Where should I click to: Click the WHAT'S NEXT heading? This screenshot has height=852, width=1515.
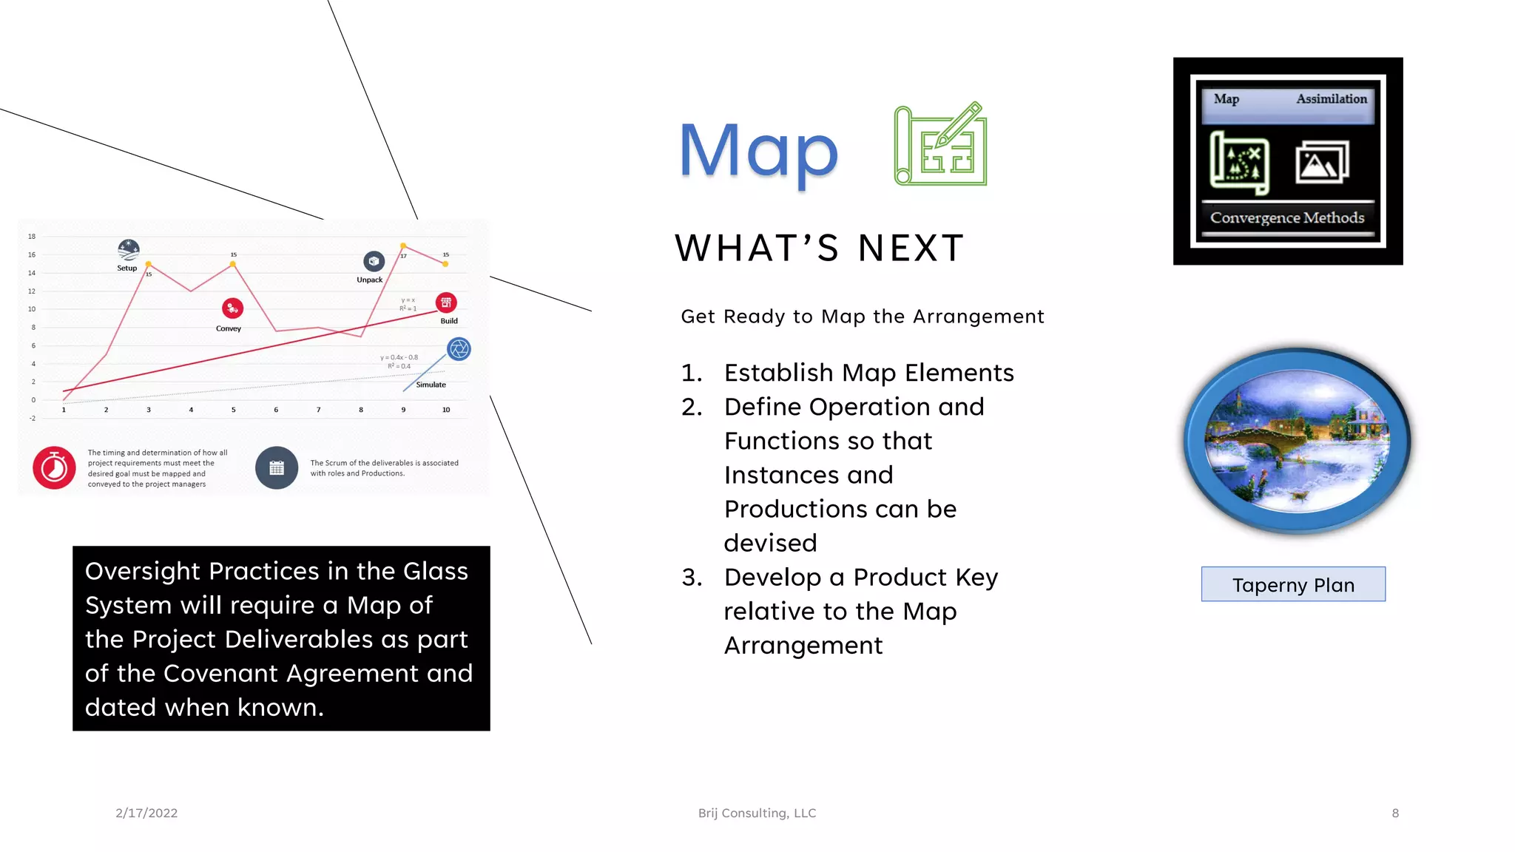[819, 248]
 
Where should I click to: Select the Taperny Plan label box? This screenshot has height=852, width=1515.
[1292, 584]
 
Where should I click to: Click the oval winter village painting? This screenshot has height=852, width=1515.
[1297, 442]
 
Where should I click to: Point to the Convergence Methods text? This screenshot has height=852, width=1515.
[1286, 217]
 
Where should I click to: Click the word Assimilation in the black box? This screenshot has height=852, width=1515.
[1331, 99]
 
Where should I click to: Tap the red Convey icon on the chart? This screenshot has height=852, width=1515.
[232, 308]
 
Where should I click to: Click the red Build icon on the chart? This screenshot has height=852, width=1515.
[446, 302]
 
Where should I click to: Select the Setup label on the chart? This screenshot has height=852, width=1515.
[127, 268]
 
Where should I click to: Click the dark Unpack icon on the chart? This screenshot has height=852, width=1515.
[374, 261]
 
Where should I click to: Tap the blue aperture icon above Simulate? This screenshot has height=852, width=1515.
[459, 348]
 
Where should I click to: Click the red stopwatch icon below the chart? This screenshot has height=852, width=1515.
[54, 467]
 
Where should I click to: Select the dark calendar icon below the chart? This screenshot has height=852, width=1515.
[277, 467]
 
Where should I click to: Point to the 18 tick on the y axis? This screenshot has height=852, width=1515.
[32, 237]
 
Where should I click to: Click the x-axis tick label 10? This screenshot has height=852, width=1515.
[446, 410]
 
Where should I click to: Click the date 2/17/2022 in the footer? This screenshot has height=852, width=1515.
[146, 813]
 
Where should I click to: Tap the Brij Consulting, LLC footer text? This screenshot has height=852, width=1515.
[757, 813]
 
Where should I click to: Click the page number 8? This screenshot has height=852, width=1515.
[1395, 813]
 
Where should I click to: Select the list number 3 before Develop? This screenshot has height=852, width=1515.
[691, 577]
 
